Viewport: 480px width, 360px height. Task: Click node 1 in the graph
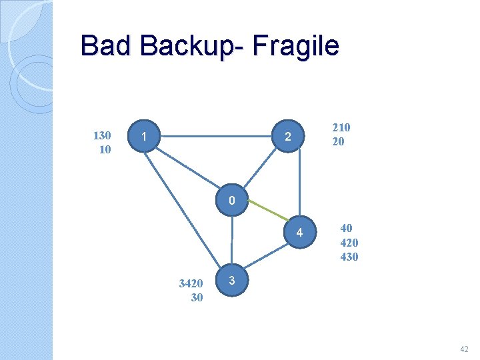145,137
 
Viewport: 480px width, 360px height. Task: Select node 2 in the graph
287,137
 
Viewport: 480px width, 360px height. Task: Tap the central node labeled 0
231,201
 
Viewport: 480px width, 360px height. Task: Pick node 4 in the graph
299,233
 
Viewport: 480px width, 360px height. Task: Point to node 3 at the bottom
231,281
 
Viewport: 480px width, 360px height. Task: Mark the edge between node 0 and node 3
232,240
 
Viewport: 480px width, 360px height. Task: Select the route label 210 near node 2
341,127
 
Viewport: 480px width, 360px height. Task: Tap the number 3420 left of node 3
191,283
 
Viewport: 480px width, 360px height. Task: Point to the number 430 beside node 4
349,256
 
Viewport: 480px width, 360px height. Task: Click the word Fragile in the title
297,47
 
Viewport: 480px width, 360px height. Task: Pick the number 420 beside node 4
349,242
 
